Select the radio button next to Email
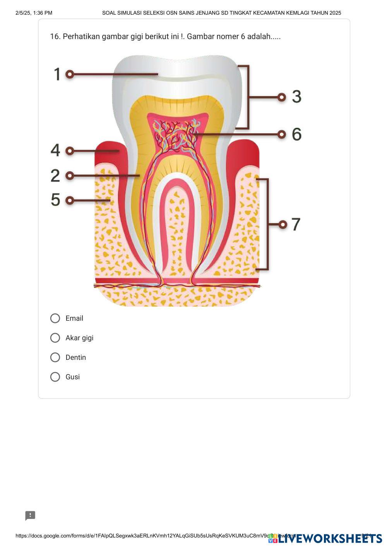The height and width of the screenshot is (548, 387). [x=55, y=318]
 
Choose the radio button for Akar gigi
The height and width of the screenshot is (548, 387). [x=55, y=338]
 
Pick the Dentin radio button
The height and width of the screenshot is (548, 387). [x=55, y=357]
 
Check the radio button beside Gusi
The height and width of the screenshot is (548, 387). [x=55, y=377]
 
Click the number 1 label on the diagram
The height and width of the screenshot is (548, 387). [x=57, y=74]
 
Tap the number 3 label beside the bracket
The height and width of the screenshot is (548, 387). [x=296, y=97]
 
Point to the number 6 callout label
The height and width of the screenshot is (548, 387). [x=296, y=134]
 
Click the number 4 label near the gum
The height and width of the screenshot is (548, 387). [x=56, y=150]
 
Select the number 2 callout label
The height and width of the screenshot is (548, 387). [x=56, y=175]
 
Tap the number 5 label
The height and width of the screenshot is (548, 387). [x=56, y=200]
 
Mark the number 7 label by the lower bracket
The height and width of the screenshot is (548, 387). [x=296, y=224]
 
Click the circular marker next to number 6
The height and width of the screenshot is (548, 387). [x=282, y=134]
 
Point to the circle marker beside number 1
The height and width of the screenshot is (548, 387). [x=70, y=74]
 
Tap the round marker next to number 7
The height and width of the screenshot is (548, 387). [x=283, y=224]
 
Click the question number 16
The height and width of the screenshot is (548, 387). [x=55, y=36]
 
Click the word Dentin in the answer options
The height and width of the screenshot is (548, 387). [x=76, y=357]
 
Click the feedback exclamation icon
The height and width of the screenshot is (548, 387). [x=30, y=515]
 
